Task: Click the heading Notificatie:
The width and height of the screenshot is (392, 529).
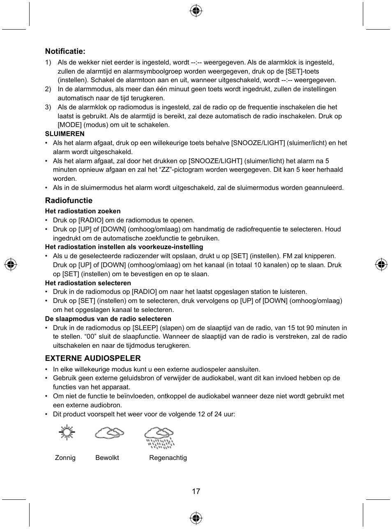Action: pos(65,51)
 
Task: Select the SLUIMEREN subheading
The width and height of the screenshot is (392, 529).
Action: pos(65,134)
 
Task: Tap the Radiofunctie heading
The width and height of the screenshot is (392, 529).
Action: pos(69,201)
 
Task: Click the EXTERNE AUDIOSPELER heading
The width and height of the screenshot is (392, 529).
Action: pos(93,358)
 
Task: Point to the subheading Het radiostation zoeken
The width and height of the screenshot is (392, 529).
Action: pos(83,211)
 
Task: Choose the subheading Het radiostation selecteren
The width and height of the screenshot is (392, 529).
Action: pos(88,283)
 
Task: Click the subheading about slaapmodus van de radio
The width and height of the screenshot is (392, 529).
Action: pos(108,319)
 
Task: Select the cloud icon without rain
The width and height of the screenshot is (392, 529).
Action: pos(109,433)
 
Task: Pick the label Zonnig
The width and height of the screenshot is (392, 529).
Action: pos(65,458)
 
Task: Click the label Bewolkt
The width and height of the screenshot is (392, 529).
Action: pos(107,458)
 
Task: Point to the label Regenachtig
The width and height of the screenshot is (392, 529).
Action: pos(168,458)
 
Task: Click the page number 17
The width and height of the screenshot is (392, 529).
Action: pos(196,492)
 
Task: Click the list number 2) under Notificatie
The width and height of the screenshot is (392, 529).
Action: pos(48,89)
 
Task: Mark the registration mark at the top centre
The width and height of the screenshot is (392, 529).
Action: pos(196,11)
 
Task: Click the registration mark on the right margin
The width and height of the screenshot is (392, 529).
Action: pos(381,265)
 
